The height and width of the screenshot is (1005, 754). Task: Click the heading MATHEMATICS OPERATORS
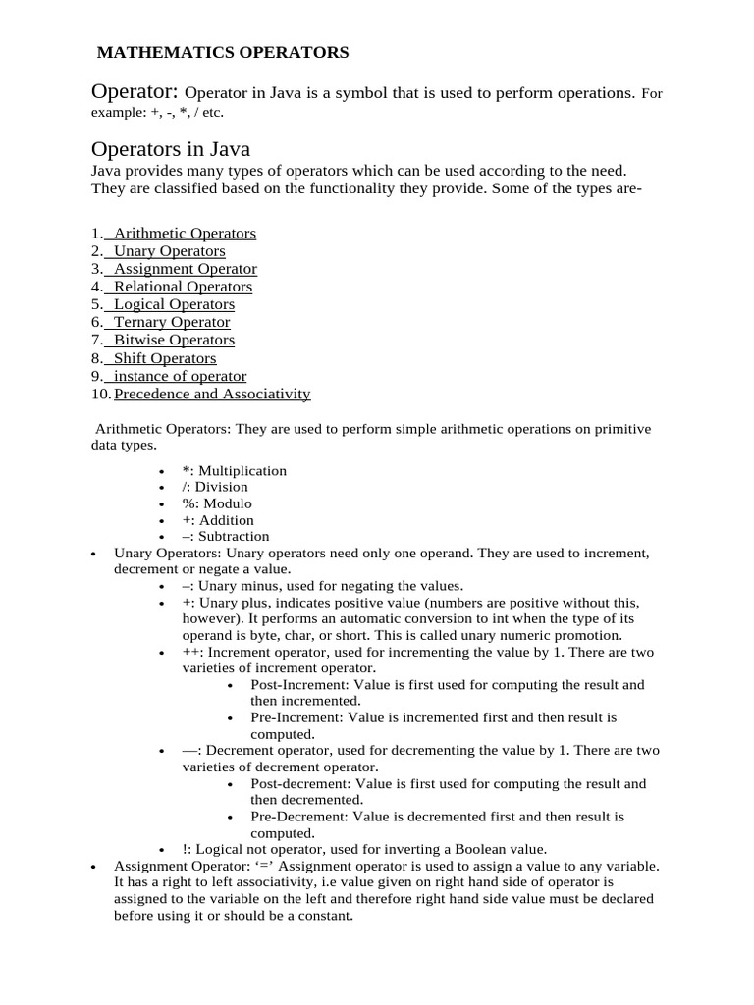[x=222, y=52]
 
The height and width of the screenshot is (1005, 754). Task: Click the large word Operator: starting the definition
[x=135, y=92]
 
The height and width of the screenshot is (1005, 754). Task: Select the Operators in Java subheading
[x=171, y=150]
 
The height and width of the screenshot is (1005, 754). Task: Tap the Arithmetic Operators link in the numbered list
[x=185, y=234]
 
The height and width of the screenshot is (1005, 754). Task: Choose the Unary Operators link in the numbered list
[x=169, y=251]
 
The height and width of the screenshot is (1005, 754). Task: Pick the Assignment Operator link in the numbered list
[x=185, y=269]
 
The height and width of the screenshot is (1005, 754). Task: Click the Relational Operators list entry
[x=183, y=287]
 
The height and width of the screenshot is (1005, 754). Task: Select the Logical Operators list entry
[x=174, y=304]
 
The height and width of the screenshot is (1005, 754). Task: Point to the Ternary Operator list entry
[x=172, y=322]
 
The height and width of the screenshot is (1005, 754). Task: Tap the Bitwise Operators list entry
[x=174, y=340]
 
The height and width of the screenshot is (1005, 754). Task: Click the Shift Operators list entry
[x=165, y=358]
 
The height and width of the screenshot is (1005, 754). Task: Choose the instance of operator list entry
[x=180, y=376]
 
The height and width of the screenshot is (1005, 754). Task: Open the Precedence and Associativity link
[x=212, y=394]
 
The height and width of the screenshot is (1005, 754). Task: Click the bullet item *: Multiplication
[x=234, y=471]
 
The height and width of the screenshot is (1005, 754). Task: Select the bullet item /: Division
[x=215, y=487]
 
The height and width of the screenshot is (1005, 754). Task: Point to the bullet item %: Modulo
[x=217, y=503]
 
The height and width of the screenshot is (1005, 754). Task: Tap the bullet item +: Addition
[x=218, y=520]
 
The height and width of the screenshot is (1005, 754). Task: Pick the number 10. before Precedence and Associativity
[x=101, y=394]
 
